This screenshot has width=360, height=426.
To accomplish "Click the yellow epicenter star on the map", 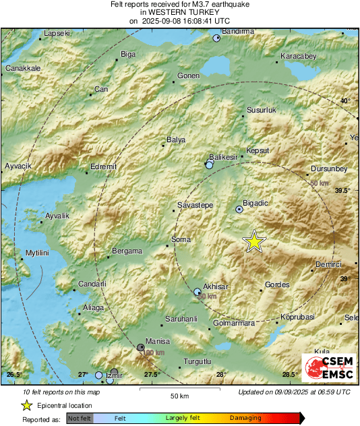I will [x=253, y=241].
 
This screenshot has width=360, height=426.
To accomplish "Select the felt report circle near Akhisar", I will [x=198, y=292].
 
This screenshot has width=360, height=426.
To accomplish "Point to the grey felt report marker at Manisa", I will [x=140, y=347].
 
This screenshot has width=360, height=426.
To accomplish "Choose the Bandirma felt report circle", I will [x=216, y=38].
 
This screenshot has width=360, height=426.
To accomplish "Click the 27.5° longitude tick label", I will [x=151, y=374].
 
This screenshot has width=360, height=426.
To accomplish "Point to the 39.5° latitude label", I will [x=343, y=191].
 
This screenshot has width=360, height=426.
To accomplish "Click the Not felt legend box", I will [x=80, y=418].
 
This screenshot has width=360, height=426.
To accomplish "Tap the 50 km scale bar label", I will [x=179, y=395].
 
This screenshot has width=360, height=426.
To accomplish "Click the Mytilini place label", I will [x=38, y=252].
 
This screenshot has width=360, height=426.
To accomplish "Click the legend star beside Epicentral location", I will [x=26, y=405].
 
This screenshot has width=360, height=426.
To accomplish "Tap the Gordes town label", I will [x=277, y=285].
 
